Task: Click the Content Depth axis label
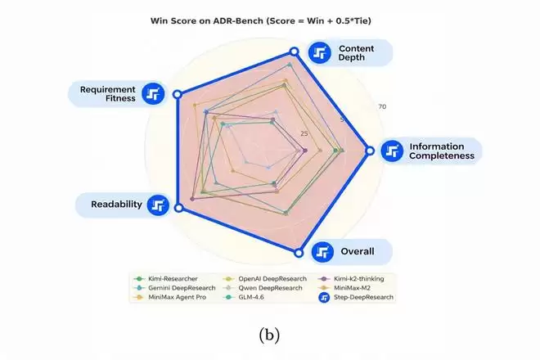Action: tap(357, 54)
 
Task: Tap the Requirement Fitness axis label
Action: tap(107, 93)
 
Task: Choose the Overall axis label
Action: tap(357, 251)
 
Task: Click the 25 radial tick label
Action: tap(305, 134)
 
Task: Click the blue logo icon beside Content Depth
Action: tap(320, 54)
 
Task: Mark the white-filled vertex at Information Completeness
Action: tap(370, 151)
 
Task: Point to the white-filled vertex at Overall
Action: tap(299, 252)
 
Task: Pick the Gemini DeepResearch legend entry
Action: tap(169, 288)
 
